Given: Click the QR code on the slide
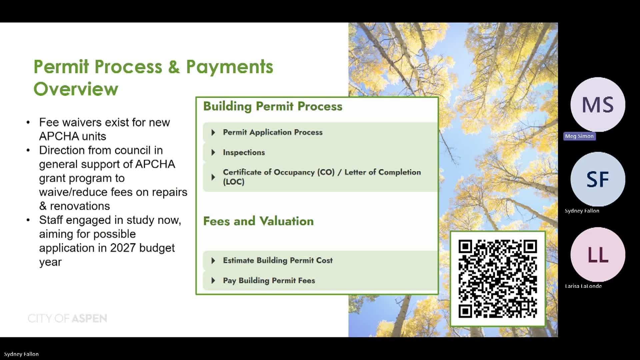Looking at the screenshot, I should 498,278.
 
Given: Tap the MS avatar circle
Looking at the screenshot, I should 598,105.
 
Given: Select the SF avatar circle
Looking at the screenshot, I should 598,179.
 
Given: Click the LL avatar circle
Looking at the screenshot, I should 598,255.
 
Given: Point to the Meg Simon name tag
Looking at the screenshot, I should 579,136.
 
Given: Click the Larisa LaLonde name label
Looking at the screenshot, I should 583,286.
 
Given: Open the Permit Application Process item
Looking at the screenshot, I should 272,132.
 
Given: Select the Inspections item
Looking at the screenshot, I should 244,152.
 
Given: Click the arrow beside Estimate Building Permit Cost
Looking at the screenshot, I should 213,260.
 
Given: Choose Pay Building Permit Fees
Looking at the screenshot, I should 269,280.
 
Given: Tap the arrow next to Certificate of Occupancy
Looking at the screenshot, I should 213,177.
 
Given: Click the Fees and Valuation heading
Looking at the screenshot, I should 258,221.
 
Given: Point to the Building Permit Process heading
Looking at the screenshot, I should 273,106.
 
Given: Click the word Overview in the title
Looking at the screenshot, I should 76,89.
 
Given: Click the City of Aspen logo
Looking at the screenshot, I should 67,318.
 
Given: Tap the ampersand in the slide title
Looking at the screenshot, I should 174,67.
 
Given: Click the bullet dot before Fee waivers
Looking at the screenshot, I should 28,122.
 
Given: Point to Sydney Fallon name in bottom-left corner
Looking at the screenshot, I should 21,354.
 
